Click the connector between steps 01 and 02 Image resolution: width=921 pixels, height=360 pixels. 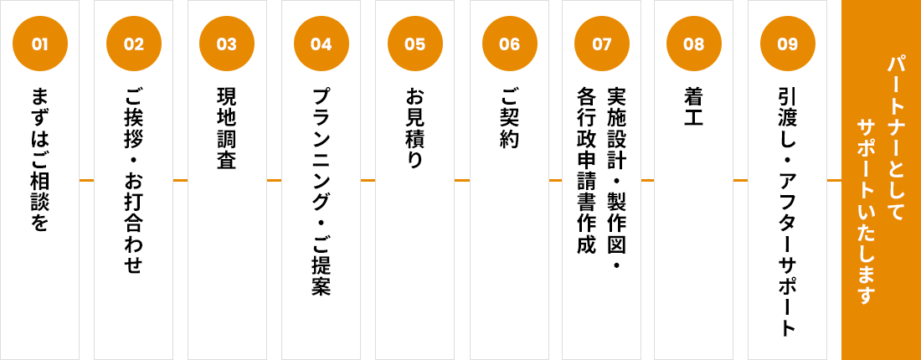tap(86, 180)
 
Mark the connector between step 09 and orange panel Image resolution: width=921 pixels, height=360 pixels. tap(834, 180)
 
